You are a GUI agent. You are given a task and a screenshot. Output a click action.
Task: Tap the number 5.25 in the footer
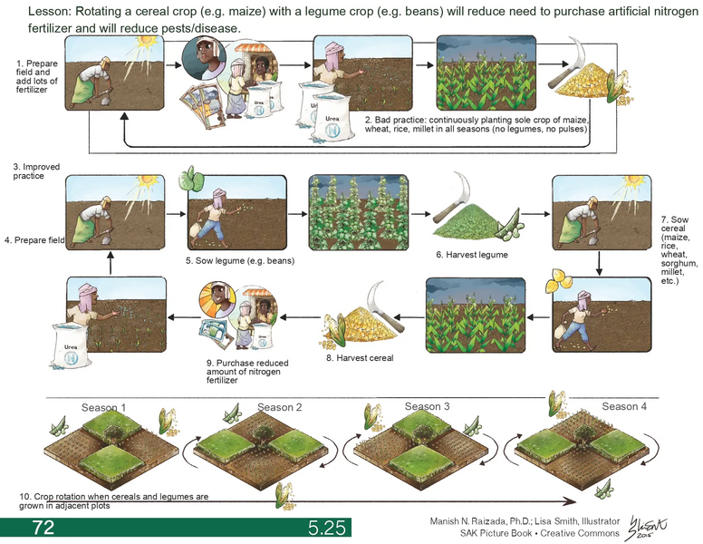(x=326, y=528)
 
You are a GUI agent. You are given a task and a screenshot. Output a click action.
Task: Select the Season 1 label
(x=104, y=407)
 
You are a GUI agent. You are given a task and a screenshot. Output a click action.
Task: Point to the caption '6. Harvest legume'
(x=471, y=255)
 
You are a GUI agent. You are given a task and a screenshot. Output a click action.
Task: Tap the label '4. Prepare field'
(x=33, y=239)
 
